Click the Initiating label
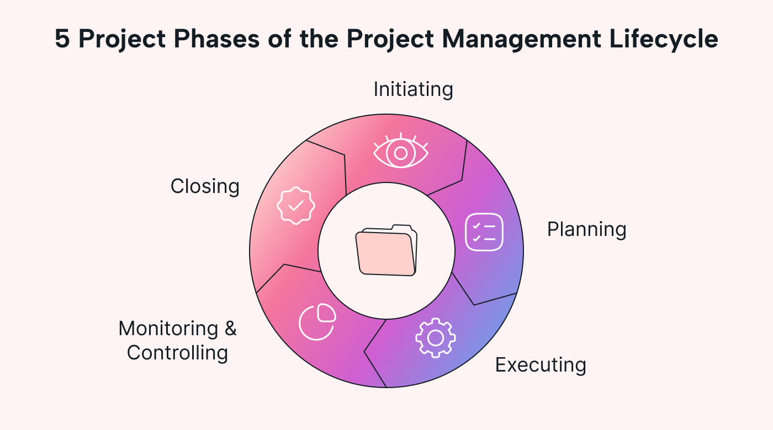413,89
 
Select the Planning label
586,229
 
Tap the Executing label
540,365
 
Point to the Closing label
204,186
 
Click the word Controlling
177,353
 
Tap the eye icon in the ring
401,151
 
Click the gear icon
435,337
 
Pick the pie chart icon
317,322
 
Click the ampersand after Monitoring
230,329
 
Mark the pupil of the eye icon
401,152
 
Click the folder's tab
401,228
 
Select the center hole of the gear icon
435,337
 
